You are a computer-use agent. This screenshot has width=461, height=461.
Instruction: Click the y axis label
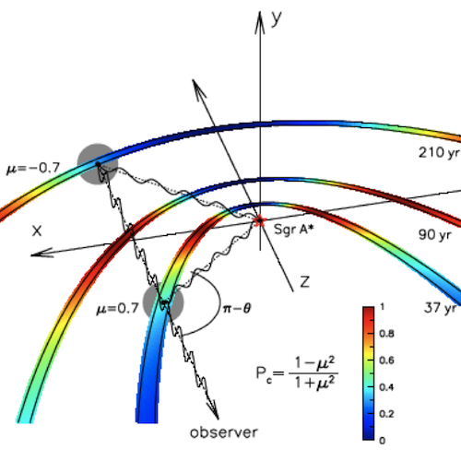coord(277,19)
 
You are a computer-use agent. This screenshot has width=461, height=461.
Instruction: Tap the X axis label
coord(37,230)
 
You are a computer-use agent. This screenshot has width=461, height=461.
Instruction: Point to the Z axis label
coord(304,282)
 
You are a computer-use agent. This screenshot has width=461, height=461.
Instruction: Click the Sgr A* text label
coord(293,230)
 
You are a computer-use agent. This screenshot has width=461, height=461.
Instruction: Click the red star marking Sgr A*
coord(260,220)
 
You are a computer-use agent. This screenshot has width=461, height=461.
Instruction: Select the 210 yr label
coord(439,153)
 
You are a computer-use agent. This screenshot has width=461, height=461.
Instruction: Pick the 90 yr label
coord(435,235)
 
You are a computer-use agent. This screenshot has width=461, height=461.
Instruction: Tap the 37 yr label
coord(440,308)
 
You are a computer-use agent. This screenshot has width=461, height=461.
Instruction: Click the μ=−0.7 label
coord(33,168)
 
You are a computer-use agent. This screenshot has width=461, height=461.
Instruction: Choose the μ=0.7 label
coord(118,308)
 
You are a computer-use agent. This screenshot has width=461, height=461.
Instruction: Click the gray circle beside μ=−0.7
coord(98,164)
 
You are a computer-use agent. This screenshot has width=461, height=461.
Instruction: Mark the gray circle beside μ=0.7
coord(163,302)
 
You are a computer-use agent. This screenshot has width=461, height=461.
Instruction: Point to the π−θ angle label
coord(237,308)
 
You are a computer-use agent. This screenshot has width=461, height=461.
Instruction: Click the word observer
coord(224,432)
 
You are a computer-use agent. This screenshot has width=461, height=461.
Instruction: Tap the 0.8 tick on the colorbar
coord(386,334)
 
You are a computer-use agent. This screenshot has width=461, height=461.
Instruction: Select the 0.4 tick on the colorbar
coord(386,387)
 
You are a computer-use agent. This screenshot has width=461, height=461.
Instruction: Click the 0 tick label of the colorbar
coord(382,441)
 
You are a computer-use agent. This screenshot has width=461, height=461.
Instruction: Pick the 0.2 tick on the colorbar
coord(386,414)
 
